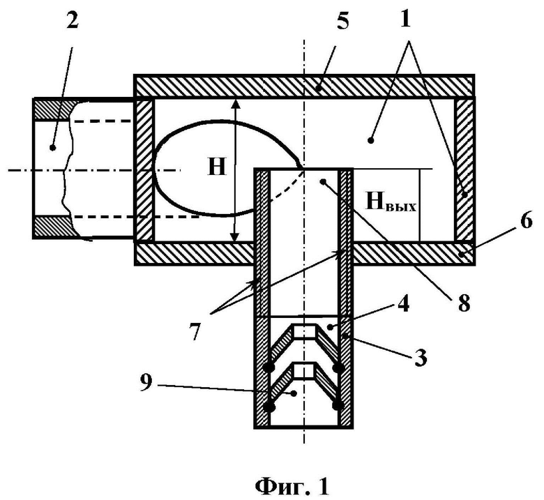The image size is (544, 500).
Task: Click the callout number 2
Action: [72, 22]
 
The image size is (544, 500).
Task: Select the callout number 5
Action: [342, 22]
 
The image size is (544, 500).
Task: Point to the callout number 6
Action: [527, 220]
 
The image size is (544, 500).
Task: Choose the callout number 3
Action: [421, 358]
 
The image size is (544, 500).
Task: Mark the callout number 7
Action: [195, 332]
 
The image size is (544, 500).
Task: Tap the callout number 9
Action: [146, 384]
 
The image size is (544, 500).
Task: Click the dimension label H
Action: [217, 167]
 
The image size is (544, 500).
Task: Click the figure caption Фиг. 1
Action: [292, 487]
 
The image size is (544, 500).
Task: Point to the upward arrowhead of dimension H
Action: [235, 104]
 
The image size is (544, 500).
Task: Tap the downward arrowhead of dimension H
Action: [235, 236]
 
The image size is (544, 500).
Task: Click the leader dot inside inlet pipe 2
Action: [53, 148]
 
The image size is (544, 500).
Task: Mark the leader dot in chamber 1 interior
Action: [370, 141]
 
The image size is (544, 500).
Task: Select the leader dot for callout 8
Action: [323, 181]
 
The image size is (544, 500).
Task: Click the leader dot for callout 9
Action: [294, 393]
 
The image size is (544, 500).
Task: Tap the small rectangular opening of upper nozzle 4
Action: [304, 332]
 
